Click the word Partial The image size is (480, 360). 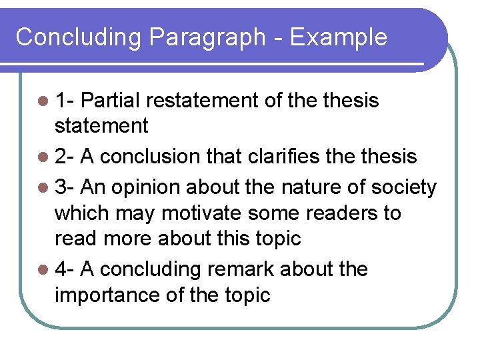[113, 101]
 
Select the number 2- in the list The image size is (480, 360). [65, 157]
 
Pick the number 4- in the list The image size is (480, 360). [65, 269]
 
